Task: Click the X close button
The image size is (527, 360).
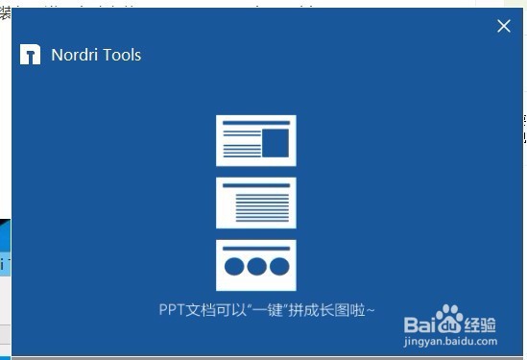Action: pos(504,26)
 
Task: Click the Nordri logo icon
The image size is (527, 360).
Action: pos(30,54)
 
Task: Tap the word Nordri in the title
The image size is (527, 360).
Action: pos(72,55)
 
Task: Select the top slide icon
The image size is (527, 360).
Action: pos(256,140)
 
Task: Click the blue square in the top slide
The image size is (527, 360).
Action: pos(275,143)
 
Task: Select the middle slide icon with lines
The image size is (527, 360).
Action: pos(256,203)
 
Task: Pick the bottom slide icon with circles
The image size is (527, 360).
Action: pos(256,264)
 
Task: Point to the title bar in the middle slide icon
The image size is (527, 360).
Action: pos(256,185)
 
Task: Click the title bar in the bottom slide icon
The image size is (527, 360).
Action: pos(256,247)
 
